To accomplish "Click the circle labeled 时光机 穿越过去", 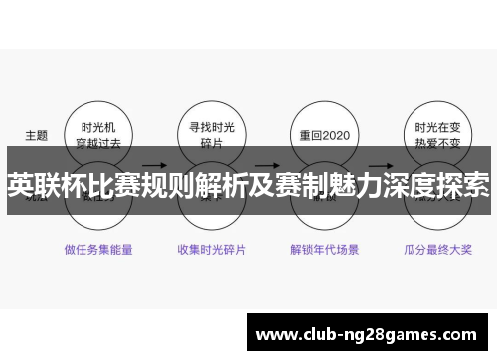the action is tap(97, 135).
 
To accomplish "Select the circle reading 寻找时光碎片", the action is tap(211, 135).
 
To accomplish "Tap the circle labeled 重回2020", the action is tap(323, 135).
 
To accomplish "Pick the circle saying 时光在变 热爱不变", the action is tap(436, 135).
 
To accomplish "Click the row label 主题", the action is tap(36, 135).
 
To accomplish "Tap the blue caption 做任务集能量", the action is tap(98, 249).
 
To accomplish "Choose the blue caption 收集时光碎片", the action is tap(211, 249).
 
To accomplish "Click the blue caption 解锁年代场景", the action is tap(324, 249).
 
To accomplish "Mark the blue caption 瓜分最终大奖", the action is tap(437, 249).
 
